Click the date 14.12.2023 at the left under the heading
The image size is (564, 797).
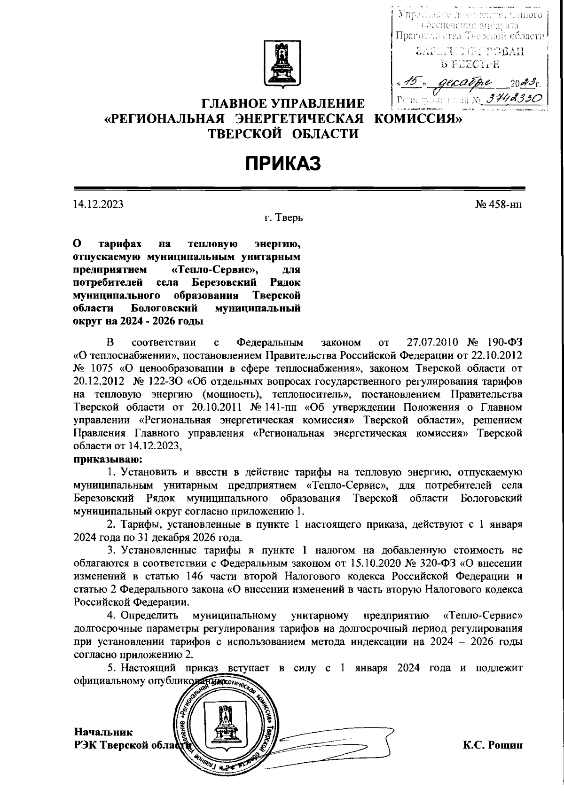[x=98, y=204]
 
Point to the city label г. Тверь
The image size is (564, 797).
[x=283, y=218]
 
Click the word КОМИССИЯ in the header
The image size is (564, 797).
[x=418, y=118]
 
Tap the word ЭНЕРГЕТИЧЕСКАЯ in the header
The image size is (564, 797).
[x=300, y=118]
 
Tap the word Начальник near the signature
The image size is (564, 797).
[x=103, y=732]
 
